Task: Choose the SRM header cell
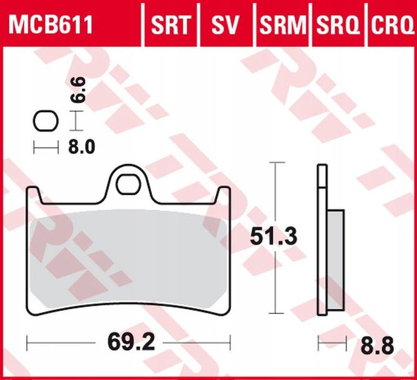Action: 282,26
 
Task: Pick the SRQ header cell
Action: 338,26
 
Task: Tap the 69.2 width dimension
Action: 129,342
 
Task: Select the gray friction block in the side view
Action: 335,262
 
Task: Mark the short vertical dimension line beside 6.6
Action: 76,120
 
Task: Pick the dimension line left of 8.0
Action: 44,147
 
